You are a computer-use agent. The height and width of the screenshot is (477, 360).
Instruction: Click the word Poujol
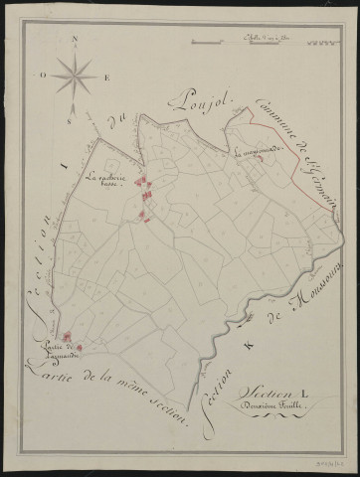click(x=201, y=97)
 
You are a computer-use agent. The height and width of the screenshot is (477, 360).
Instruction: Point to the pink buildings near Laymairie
click(x=73, y=348)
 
